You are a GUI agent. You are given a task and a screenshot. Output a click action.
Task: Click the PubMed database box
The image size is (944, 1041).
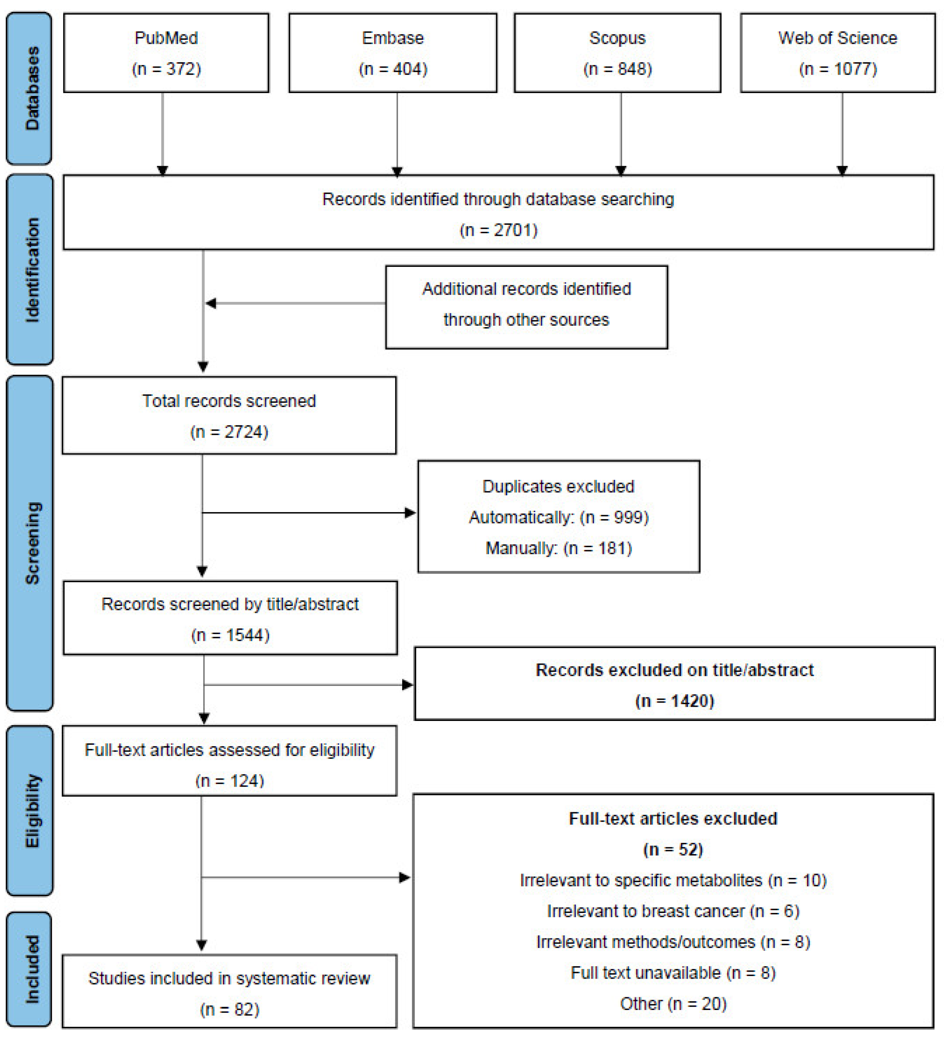pyautogui.click(x=166, y=53)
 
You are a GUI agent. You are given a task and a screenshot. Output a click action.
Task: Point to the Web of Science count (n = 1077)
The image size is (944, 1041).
pyautogui.click(x=837, y=69)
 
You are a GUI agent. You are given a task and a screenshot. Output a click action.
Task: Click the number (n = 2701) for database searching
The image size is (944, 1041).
pyautogui.click(x=498, y=230)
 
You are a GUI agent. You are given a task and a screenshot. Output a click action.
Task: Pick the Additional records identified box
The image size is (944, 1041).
pyautogui.click(x=526, y=307)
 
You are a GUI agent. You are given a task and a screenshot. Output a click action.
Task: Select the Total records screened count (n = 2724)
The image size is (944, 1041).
pyautogui.click(x=229, y=432)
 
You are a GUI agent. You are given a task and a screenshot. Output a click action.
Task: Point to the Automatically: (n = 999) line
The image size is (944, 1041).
pyautogui.click(x=558, y=517)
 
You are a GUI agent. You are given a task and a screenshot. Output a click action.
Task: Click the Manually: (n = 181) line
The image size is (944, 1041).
pyautogui.click(x=558, y=548)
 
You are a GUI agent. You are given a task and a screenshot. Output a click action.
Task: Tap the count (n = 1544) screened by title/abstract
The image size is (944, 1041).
pyautogui.click(x=230, y=635)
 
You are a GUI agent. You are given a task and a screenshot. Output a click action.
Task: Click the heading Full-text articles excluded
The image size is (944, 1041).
pyautogui.click(x=673, y=818)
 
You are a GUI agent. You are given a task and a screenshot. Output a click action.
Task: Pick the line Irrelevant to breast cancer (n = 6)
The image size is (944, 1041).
pyautogui.click(x=673, y=911)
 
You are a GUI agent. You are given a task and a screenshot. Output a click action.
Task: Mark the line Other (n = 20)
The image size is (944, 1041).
pyautogui.click(x=673, y=1003)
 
